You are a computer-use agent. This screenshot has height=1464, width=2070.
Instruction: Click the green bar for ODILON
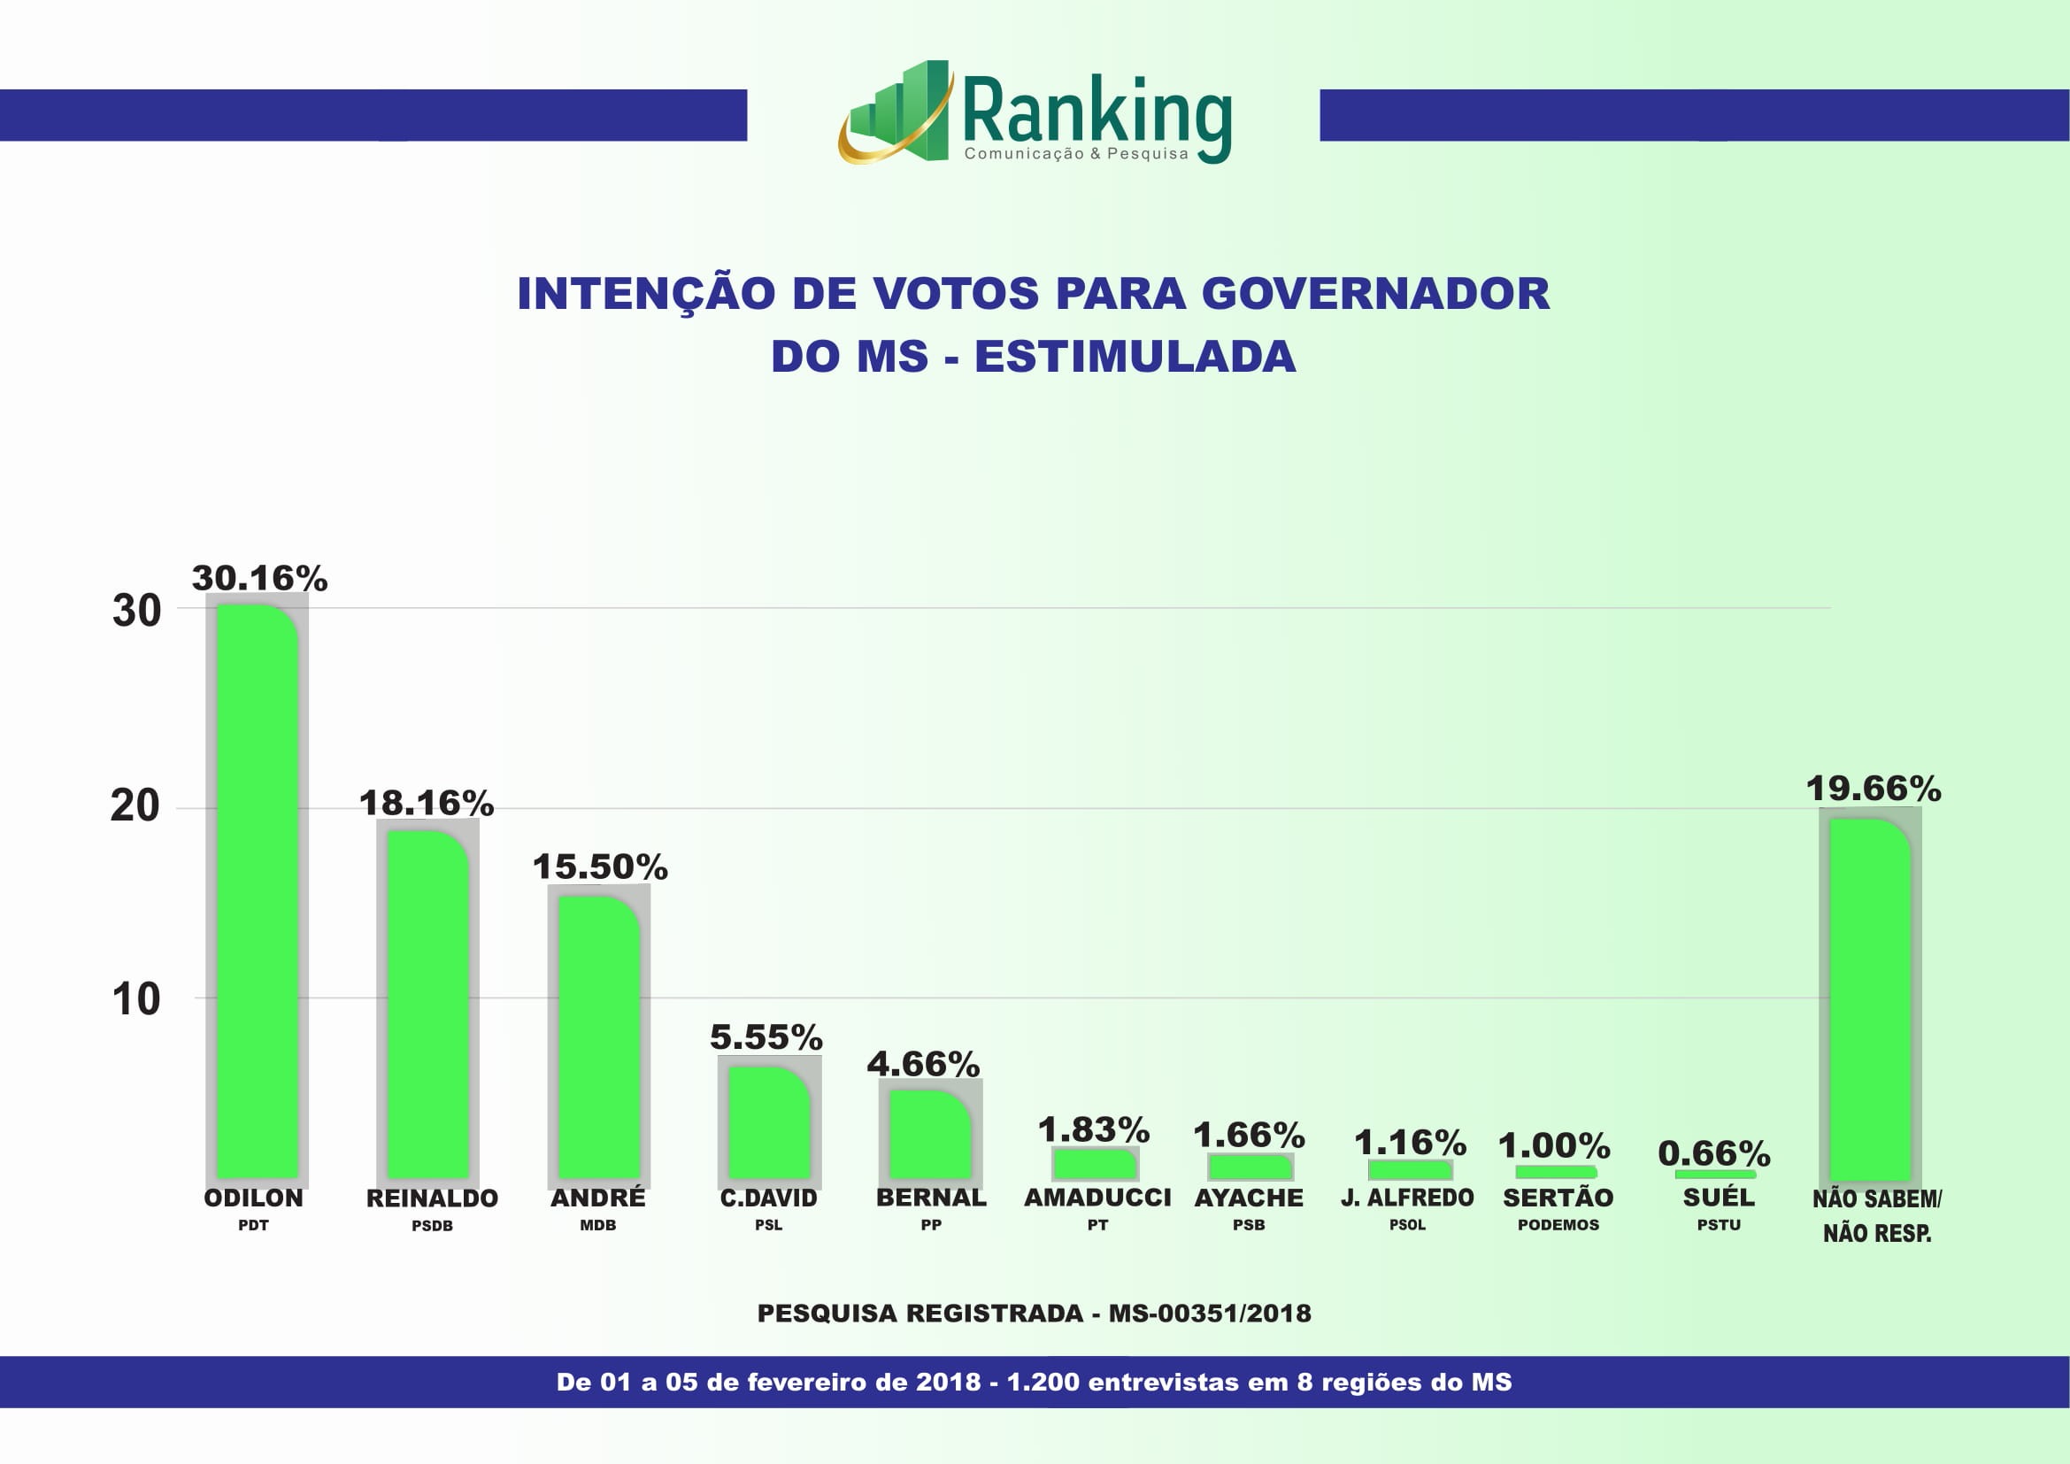coord(257,892)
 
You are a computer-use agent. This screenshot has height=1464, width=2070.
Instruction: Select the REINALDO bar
coord(427,1006)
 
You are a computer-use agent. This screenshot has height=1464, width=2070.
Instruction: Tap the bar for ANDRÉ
coord(598,1036)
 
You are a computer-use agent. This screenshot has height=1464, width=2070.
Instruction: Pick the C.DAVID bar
coord(769,1122)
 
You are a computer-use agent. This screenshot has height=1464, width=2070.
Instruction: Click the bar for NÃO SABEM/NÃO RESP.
coord(1870,1001)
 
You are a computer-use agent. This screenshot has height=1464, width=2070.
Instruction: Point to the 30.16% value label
coord(259,579)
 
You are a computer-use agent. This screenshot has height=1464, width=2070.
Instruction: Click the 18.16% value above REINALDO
coord(427,803)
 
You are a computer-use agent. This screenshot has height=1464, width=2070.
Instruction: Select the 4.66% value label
coord(923,1064)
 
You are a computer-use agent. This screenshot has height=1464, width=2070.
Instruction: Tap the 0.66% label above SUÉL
coord(1714,1153)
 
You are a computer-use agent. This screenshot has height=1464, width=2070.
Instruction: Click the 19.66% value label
coord(1874,789)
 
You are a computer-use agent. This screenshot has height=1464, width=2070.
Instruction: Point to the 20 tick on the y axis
coord(135,805)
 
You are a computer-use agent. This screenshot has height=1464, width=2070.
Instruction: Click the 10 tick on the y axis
coord(135,999)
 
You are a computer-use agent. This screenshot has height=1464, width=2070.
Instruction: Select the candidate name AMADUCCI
coord(1097,1198)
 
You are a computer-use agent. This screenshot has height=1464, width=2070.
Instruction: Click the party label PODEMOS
coord(1558,1225)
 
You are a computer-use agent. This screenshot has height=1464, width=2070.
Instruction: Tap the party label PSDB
coord(432,1226)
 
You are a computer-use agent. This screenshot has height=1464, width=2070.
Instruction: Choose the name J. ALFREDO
coord(1407,1198)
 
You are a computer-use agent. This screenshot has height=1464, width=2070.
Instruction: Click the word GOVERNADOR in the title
coord(1375,294)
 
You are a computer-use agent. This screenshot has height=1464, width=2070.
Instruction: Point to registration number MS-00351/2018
coord(1210,1314)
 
